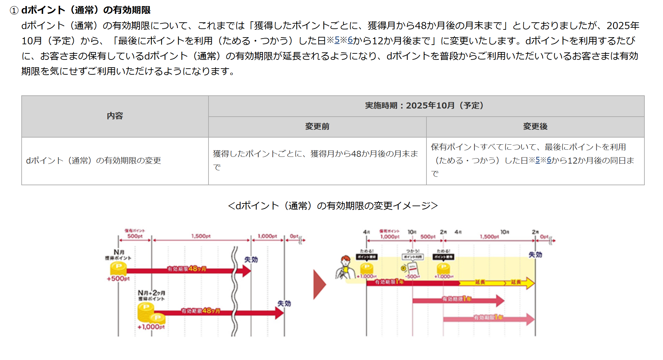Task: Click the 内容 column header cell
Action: point(115,116)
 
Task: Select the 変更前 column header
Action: point(317,126)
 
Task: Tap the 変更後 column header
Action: point(535,126)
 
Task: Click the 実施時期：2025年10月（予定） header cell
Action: point(426,105)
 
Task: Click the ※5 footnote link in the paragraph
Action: point(337,40)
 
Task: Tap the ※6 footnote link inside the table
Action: point(549,160)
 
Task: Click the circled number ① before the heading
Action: point(14,10)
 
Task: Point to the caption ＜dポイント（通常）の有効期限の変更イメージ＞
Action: point(333,206)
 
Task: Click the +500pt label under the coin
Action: point(118,279)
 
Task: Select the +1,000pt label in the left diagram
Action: point(151,327)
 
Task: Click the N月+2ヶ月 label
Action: point(151,293)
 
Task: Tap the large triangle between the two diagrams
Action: point(319,284)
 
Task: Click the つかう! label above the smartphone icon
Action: point(413,251)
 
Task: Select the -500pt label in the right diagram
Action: point(412,277)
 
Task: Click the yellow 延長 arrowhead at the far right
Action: point(530,283)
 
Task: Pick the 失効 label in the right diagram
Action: point(535,255)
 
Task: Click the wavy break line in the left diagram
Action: point(234,291)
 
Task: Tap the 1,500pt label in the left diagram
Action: point(201,236)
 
